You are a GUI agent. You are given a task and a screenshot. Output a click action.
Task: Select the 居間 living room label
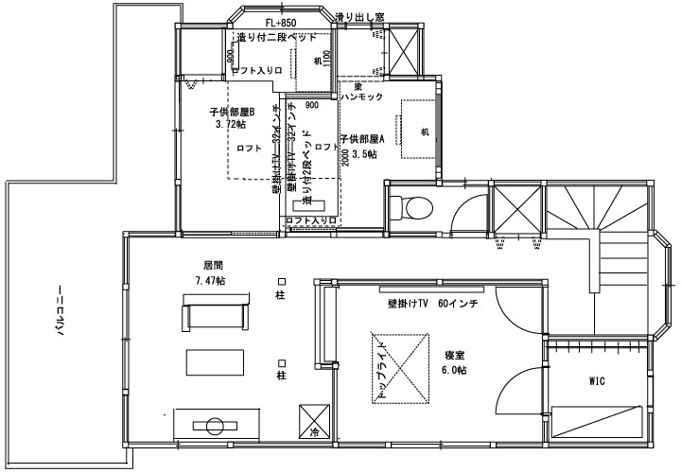click(212, 267)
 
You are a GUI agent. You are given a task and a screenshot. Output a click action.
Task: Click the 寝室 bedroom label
click(455, 355)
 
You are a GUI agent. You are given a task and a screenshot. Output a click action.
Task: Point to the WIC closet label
click(597, 382)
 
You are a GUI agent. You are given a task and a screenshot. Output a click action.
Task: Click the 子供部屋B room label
click(233, 112)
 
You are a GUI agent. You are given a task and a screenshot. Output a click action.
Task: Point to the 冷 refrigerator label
click(314, 432)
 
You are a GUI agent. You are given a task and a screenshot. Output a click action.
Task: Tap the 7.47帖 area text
click(209, 281)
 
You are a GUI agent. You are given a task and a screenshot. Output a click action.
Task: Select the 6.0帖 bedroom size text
click(454, 370)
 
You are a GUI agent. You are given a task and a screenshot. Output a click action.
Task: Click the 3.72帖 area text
click(230, 124)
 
